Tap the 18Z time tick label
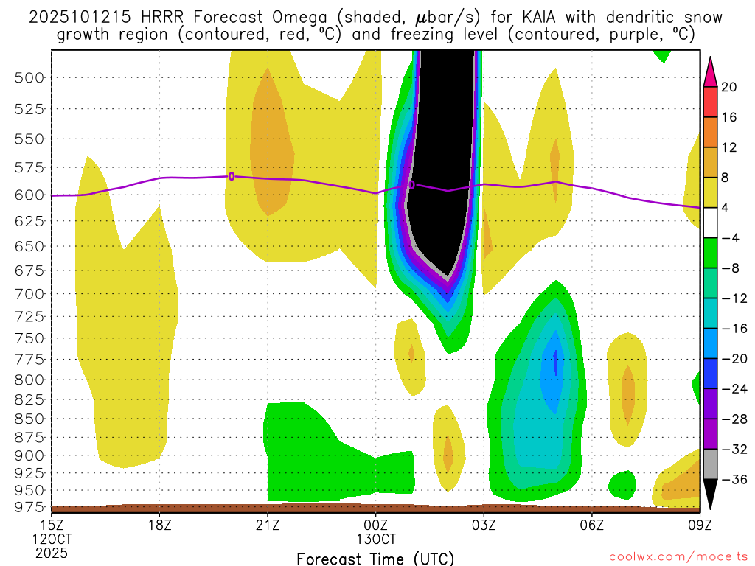(x=160, y=526)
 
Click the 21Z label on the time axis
(x=268, y=526)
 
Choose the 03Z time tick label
(x=484, y=526)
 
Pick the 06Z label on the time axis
(x=591, y=526)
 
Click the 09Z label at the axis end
(x=699, y=526)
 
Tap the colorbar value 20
(x=729, y=87)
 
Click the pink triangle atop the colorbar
(x=710, y=71)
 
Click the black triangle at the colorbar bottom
(x=710, y=494)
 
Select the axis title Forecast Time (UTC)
(x=375, y=558)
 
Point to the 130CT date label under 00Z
(x=375, y=540)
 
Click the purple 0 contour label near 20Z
(x=232, y=176)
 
